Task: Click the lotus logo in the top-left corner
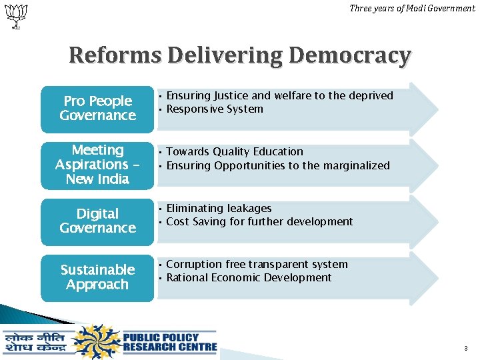click(15, 15)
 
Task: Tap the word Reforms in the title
click(115, 55)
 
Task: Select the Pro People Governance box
click(97, 109)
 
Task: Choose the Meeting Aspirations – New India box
click(97, 165)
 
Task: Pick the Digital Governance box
click(97, 221)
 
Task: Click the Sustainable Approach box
click(97, 277)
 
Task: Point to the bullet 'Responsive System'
click(215, 109)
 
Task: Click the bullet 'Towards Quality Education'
click(234, 152)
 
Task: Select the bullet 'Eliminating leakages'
click(218, 209)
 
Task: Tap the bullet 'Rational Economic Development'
click(249, 278)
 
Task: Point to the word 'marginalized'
click(356, 166)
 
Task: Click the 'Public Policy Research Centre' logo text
click(169, 341)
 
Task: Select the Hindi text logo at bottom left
click(36, 342)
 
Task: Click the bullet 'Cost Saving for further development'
click(259, 222)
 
